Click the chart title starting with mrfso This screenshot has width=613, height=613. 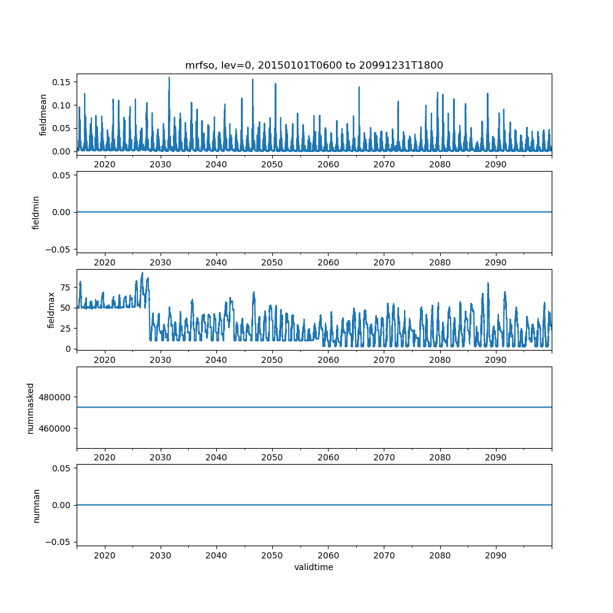[314, 65]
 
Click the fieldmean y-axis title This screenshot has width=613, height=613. [44, 115]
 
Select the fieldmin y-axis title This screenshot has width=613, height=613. [36, 212]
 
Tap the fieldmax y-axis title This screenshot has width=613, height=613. [51, 310]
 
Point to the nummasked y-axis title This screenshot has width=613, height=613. [31, 407]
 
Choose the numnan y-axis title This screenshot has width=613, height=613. [36, 504]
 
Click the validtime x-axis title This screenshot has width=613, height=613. [314, 567]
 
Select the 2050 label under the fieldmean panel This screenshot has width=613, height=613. [272, 164]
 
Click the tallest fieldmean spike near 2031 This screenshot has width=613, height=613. [169, 78]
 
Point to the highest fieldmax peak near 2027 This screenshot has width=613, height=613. [142, 273]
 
